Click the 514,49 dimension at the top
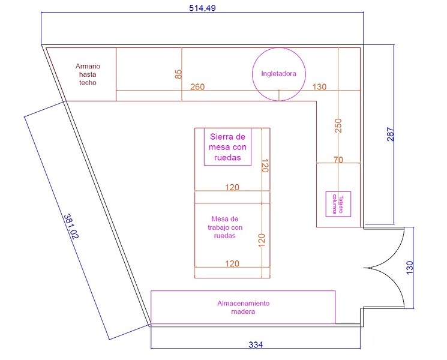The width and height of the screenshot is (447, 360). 202,8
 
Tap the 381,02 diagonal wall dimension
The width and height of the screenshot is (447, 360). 71,226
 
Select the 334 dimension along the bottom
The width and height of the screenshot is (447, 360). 256,344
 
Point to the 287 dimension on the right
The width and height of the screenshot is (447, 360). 391,134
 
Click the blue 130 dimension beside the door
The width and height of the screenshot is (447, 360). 409,268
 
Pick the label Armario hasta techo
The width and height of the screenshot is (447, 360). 88,74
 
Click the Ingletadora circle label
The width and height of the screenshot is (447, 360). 278,74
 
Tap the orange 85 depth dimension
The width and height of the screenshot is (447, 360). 178,74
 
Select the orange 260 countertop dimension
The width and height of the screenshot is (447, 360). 197,86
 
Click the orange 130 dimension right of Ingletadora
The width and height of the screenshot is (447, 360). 319,86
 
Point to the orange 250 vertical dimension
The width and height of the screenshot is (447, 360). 338,126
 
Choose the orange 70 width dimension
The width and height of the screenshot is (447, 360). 338,160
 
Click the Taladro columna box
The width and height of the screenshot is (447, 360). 338,204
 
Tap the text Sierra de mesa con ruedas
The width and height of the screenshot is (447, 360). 227,147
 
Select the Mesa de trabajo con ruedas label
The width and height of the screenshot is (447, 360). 225,227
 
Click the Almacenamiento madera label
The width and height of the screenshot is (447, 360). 243,307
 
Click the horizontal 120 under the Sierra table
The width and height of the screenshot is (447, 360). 232,187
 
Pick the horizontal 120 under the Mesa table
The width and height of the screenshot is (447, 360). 232,263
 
